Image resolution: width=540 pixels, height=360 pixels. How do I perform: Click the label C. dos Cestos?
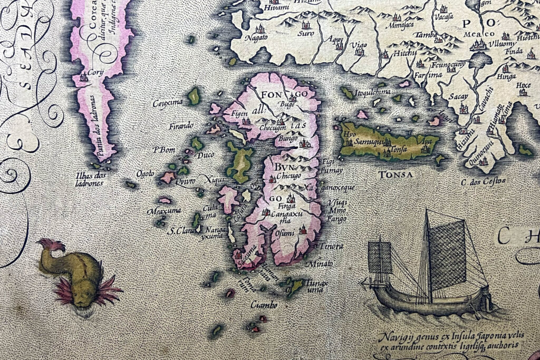point(483,181)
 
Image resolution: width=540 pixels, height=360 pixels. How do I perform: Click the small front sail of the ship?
point(380,257)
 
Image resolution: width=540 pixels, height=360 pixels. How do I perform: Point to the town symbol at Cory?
point(83,77)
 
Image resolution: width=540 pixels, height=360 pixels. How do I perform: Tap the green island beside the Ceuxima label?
point(194,96)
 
